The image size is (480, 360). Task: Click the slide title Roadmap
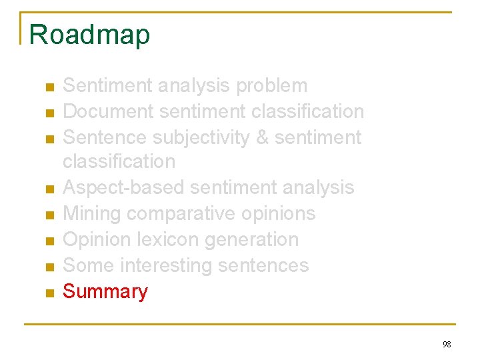pyautogui.click(x=90, y=35)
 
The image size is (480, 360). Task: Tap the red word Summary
pyautogui.click(x=105, y=291)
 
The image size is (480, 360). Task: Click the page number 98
pyautogui.click(x=447, y=344)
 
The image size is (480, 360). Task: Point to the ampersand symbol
pyautogui.click(x=262, y=137)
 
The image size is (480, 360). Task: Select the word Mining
pyautogui.click(x=91, y=213)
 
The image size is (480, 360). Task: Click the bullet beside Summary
pyautogui.click(x=49, y=293)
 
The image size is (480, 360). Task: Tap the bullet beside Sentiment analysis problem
pyautogui.click(x=49, y=87)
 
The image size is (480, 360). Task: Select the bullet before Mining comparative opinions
pyautogui.click(x=49, y=215)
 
